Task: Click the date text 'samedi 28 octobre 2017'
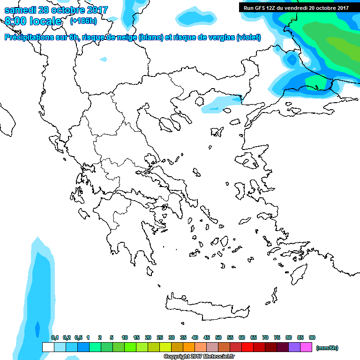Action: (56, 10)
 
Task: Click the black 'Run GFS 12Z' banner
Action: (296, 7)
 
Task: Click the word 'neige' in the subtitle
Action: (127, 37)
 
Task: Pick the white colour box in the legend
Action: (48, 347)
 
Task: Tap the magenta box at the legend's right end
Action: (306, 347)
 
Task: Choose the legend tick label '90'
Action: (312, 337)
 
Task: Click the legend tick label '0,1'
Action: (55, 337)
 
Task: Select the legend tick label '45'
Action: (207, 337)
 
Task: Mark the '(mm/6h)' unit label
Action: (327, 348)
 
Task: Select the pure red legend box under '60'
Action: (247, 347)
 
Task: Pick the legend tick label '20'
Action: (148, 337)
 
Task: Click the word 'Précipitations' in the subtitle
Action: (28, 37)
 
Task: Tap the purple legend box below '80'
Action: (294, 347)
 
